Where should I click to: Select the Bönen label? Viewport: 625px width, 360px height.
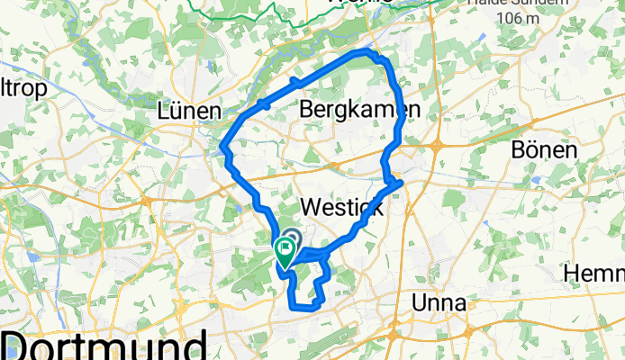point(544,149)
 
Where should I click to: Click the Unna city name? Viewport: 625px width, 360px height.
point(438,303)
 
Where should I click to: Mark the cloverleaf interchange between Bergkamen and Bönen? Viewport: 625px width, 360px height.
point(437,144)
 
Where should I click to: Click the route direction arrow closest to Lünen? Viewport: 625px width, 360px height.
point(265,104)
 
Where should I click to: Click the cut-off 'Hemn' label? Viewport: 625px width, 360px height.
point(593,272)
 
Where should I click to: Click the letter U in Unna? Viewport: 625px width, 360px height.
point(420,303)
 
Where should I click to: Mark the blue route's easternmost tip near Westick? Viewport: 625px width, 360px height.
point(400,184)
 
